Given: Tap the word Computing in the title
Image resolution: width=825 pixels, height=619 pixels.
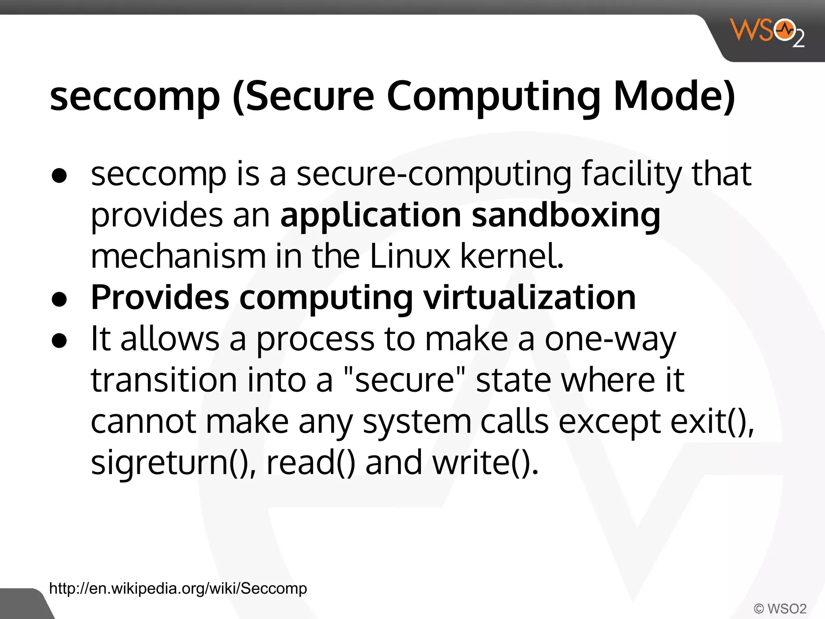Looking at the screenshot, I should pos(493,97).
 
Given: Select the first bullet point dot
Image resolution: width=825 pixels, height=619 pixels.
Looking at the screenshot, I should pos(59,176).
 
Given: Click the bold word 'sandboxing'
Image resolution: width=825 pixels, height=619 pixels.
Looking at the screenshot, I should pos(566,215).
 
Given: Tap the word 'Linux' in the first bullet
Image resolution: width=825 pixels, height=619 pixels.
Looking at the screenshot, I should pos(409,256).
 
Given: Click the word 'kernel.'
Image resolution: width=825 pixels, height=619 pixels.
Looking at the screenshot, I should pos(512,256).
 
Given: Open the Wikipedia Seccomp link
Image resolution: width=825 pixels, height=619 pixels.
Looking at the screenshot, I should pos(178,589).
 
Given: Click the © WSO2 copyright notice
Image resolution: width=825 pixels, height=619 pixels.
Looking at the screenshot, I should pos(780,608).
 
